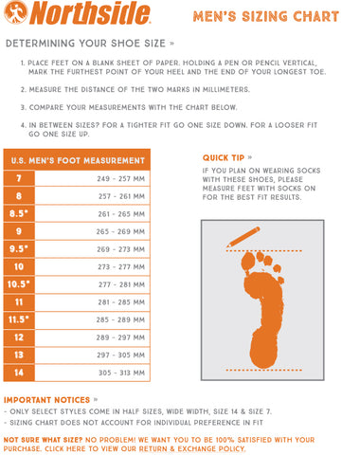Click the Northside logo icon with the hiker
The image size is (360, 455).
tap(16, 12)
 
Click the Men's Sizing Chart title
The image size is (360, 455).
tap(266, 16)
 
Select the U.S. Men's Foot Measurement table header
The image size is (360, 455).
tap(77, 160)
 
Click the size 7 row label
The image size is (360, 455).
tap(19, 178)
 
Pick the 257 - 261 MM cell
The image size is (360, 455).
tap(121, 196)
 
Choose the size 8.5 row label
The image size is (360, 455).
tap(19, 213)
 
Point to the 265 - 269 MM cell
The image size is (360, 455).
tap(120, 231)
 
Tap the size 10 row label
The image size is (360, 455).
tap(19, 266)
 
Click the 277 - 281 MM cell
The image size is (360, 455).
tap(121, 284)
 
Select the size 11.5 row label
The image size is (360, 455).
tap(19, 319)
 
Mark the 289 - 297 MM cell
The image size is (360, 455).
tap(120, 337)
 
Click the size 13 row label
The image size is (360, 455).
tap(19, 355)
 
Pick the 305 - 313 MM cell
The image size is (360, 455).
tap(121, 373)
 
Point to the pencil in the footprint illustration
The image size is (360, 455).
tap(243, 237)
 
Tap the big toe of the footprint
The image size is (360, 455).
tap(248, 263)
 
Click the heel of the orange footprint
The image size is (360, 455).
tap(263, 351)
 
